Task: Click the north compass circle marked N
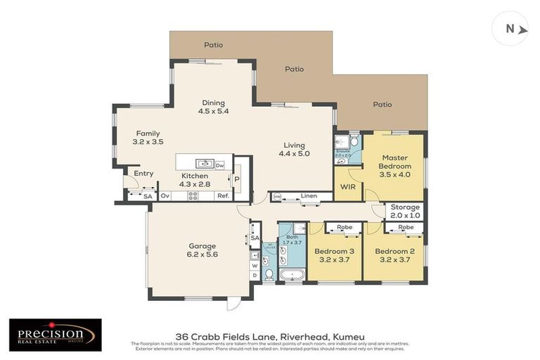click(510, 29)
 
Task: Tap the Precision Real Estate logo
click(55, 335)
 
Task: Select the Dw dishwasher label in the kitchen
click(220, 165)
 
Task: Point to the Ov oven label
click(166, 196)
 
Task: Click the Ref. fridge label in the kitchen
click(221, 196)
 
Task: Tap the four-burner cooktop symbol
click(193, 196)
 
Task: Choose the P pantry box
click(236, 179)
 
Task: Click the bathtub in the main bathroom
click(291, 274)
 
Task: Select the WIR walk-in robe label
click(347, 188)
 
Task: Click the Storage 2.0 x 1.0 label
click(405, 211)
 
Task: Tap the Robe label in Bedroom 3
click(345, 228)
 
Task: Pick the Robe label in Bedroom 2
click(406, 228)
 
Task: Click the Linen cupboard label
click(307, 195)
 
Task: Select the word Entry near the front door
click(143, 173)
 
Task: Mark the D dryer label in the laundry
click(255, 274)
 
